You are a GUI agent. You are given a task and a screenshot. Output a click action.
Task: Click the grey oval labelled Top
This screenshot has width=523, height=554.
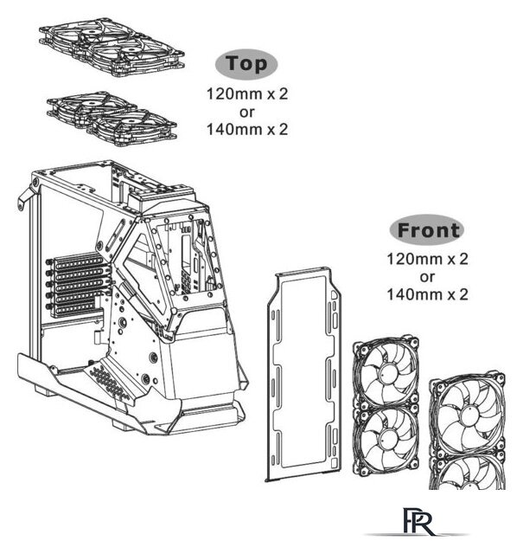pyautogui.click(x=246, y=64)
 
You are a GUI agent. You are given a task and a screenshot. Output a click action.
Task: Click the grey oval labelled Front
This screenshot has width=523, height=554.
pyautogui.click(x=427, y=229)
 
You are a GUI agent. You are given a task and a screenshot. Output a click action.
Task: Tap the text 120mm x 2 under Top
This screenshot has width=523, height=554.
pyautogui.click(x=247, y=94)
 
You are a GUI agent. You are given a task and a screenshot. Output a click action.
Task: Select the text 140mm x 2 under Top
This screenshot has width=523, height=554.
pyautogui.click(x=247, y=129)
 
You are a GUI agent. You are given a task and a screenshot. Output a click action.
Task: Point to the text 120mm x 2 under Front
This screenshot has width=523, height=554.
pyautogui.click(x=427, y=259)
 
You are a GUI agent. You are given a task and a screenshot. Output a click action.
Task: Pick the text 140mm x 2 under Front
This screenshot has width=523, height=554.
pyautogui.click(x=427, y=294)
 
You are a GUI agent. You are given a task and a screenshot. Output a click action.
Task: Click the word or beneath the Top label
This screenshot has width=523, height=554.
pyautogui.click(x=246, y=113)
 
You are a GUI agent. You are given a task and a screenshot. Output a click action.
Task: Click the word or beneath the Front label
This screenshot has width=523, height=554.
pyautogui.click(x=427, y=277)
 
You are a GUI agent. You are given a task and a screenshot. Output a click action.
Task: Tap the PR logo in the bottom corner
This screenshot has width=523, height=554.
pyautogui.click(x=418, y=522)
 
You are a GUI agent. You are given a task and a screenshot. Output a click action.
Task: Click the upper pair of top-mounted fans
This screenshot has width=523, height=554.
pyautogui.click(x=112, y=47)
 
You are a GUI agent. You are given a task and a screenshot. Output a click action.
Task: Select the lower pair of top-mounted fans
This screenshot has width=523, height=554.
pyautogui.click(x=112, y=118)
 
